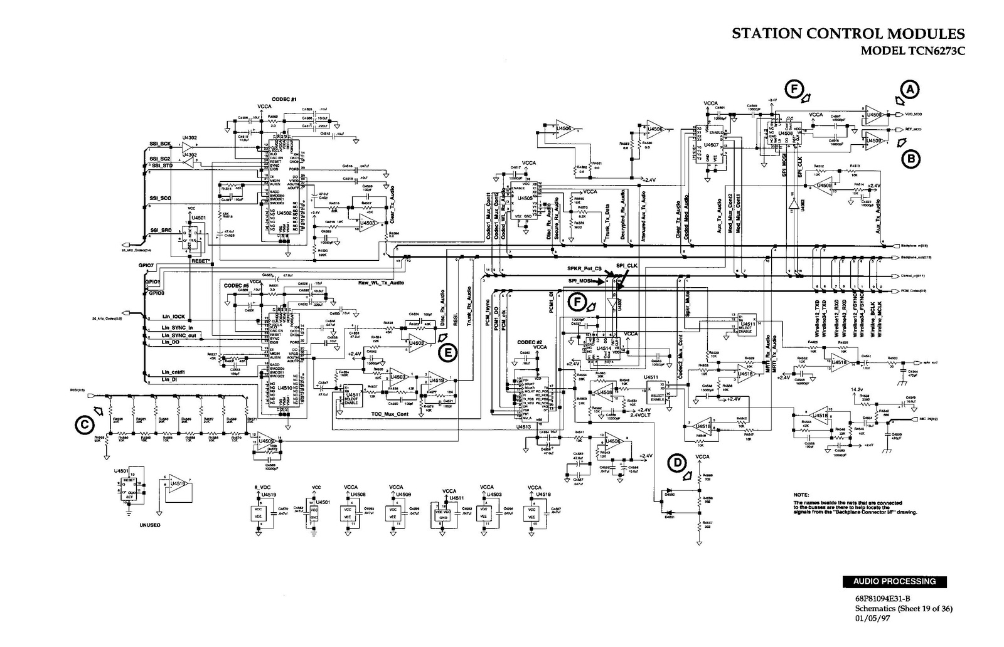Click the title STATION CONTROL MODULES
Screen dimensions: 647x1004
pyautogui.click(x=848, y=34)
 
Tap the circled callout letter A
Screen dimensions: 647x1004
pyautogui.click(x=910, y=90)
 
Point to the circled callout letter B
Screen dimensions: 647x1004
pyautogui.click(x=910, y=159)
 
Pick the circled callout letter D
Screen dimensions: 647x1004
pyautogui.click(x=677, y=463)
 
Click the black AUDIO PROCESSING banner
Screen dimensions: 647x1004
pyautogui.click(x=894, y=581)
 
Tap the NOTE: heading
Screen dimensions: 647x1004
pyautogui.click(x=801, y=495)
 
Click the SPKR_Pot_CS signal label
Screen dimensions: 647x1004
pyautogui.click(x=584, y=268)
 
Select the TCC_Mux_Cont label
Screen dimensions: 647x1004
pyautogui.click(x=390, y=414)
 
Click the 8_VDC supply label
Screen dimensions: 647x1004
pyautogui.click(x=261, y=487)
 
